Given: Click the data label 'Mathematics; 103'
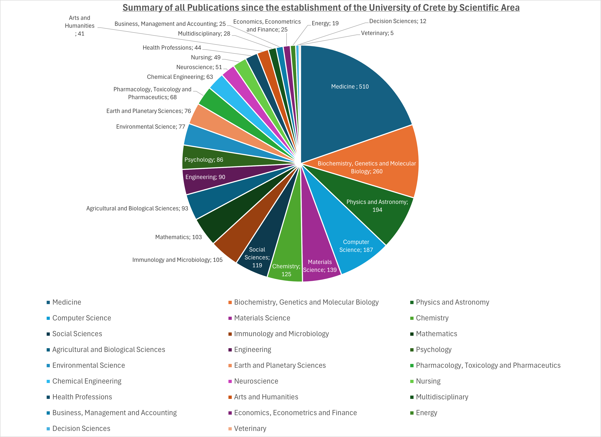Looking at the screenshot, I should click(x=178, y=237).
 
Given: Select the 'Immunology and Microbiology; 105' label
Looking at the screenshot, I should click(x=177, y=260).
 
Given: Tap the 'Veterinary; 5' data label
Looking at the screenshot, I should click(x=377, y=33).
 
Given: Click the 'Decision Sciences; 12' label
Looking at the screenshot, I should click(x=397, y=21).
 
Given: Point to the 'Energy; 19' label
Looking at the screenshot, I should click(x=325, y=23).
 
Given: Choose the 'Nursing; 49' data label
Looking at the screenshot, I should click(x=206, y=57).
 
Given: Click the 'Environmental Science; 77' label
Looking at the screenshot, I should click(x=151, y=127).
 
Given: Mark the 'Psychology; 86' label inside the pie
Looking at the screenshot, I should click(x=204, y=160).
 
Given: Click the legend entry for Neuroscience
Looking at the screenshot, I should click(x=256, y=381).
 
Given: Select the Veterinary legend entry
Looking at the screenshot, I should click(x=250, y=428).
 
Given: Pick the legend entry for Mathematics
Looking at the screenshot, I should click(x=436, y=334).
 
